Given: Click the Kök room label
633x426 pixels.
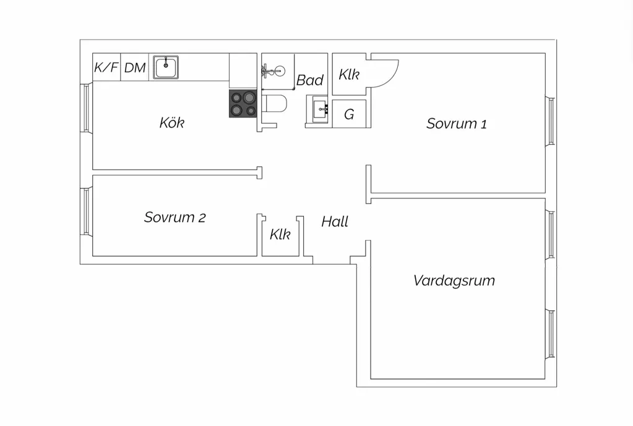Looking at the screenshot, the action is (172, 122).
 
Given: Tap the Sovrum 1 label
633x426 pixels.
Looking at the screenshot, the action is (456, 124).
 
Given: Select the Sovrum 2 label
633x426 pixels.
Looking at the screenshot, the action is (174, 218).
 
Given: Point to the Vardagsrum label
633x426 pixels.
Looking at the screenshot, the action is (454, 280).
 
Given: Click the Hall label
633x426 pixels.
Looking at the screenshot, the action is (335, 221).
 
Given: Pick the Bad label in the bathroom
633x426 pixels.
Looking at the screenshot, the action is (310, 80).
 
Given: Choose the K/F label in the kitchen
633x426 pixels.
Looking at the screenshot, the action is (106, 67).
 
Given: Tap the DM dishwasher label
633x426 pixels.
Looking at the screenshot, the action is (135, 67).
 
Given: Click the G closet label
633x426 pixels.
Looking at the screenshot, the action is (349, 114).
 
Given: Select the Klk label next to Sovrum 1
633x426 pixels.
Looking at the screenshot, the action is (349, 74).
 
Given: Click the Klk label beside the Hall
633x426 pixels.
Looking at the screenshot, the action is (280, 234).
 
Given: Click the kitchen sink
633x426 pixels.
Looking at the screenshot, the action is (166, 67).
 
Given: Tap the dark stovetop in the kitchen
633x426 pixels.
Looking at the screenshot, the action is (243, 104).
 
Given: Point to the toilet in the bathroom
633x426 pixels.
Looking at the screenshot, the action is (275, 104).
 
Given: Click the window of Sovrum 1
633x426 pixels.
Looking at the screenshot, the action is (550, 121).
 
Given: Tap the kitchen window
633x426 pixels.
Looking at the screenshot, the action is (86, 108).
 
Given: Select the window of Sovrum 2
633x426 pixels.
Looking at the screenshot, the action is (86, 212).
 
